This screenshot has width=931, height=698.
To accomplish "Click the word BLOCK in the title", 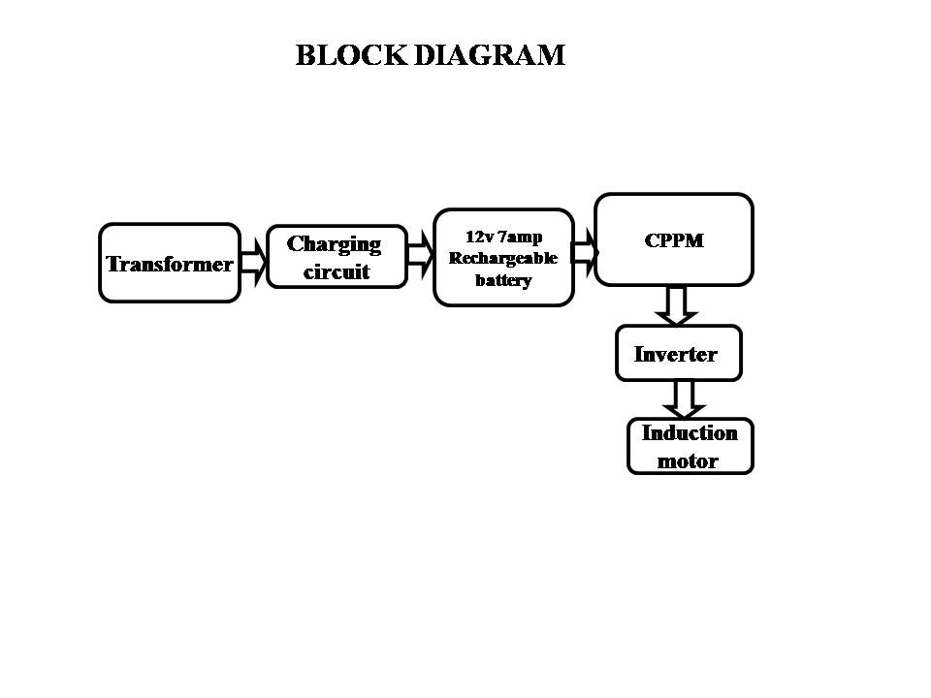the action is click(x=351, y=55).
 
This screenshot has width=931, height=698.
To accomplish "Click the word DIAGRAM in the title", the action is click(x=489, y=55).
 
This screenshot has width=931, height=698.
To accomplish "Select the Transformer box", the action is click(x=170, y=263).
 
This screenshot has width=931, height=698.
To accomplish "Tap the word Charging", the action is click(x=334, y=245).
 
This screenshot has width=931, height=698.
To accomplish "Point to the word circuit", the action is click(x=337, y=271).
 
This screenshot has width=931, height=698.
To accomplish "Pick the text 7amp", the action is click(x=520, y=238).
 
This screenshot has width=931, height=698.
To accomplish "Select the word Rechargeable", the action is click(x=503, y=259).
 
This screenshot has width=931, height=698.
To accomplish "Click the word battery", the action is click(x=503, y=280).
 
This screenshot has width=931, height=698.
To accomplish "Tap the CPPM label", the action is click(x=674, y=240).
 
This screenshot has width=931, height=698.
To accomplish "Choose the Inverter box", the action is click(x=679, y=353).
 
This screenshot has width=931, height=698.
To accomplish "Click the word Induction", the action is click(x=690, y=433).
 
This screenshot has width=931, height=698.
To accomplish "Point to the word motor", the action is click(x=688, y=461).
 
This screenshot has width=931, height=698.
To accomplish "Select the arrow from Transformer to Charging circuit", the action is click(x=254, y=263).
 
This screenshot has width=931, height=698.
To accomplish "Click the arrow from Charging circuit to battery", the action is click(x=421, y=255).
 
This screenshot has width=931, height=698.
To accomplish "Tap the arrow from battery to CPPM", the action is click(x=585, y=253).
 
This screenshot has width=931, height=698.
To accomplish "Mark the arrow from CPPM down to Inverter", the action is click(x=676, y=305).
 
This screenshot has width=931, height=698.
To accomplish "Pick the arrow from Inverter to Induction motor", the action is click(x=684, y=399).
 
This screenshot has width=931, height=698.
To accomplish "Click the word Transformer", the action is click(x=169, y=264).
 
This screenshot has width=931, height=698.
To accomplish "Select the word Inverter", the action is click(x=676, y=355).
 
